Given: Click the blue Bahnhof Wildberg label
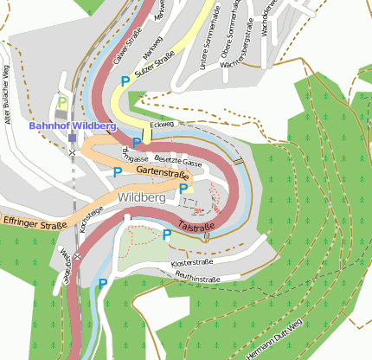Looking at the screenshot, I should click(72, 125).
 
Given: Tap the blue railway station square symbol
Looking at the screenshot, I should click(72, 137).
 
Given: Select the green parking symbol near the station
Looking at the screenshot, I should click(62, 102).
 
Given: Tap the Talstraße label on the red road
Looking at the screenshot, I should click(196, 228).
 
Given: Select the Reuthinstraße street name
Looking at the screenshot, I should click(198, 278).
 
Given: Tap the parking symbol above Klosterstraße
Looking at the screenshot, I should click(167, 234).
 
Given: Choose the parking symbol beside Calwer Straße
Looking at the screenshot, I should click(126, 80).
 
